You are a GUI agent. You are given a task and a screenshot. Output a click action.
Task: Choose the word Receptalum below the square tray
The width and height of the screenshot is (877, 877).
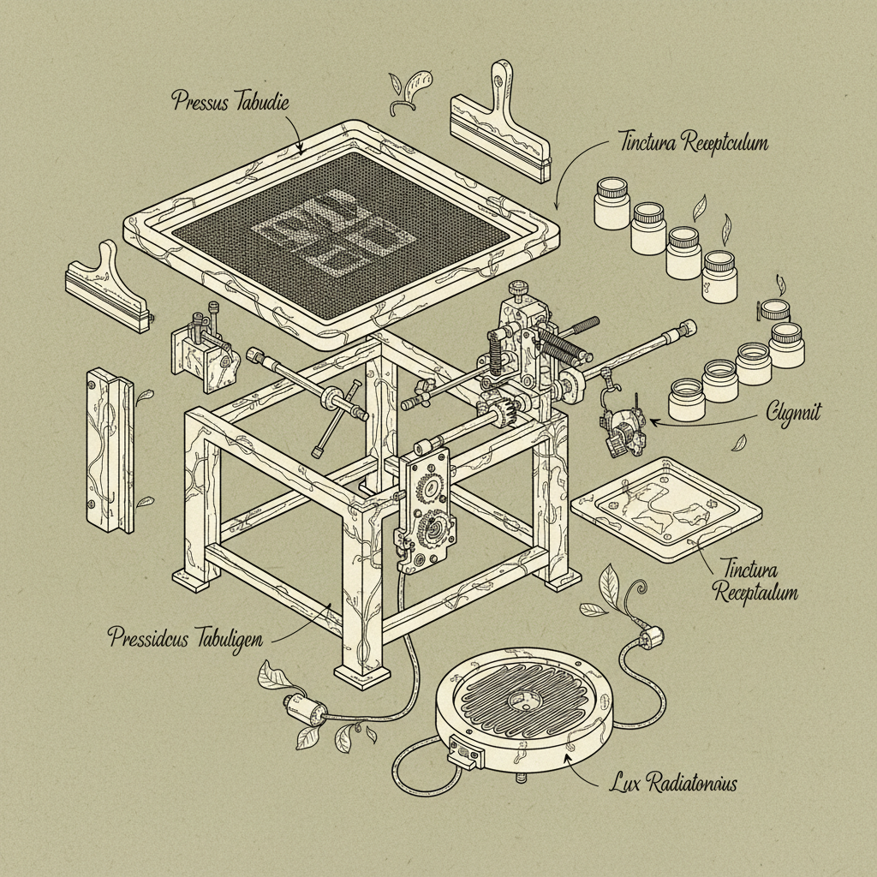(758, 592)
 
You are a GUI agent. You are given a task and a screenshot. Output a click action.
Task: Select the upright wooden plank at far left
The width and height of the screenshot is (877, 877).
(110, 449)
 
